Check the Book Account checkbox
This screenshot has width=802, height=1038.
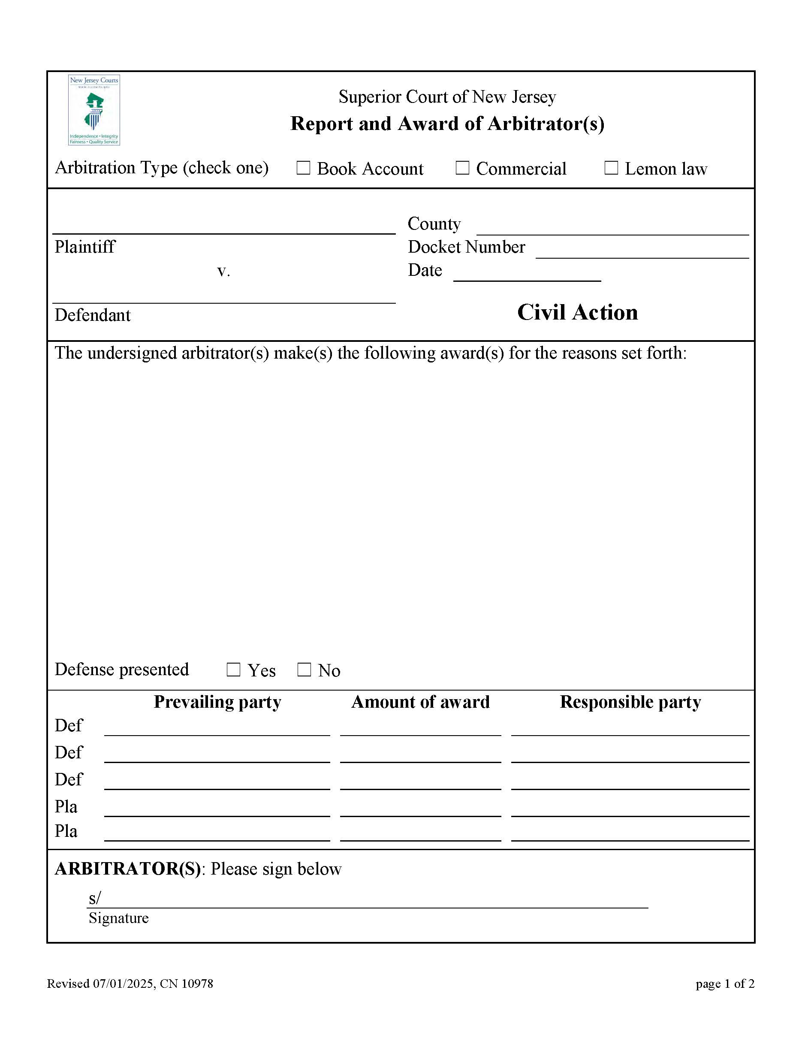click(x=303, y=168)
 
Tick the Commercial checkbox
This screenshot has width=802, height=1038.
click(x=462, y=168)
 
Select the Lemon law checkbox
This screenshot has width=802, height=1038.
click(x=611, y=168)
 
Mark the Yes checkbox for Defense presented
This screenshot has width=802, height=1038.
click(x=233, y=670)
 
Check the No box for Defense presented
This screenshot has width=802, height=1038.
click(x=304, y=670)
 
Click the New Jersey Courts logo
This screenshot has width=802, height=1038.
click(x=94, y=110)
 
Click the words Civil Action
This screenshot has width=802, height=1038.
click(x=577, y=313)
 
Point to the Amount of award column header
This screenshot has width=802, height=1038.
click(x=420, y=702)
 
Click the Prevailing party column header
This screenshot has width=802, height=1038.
click(x=217, y=702)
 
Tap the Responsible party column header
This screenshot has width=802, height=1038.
click(x=630, y=702)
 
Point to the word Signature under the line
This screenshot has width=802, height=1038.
click(x=119, y=918)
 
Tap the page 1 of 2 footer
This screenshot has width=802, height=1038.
click(x=724, y=984)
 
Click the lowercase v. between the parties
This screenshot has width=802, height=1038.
click(x=223, y=271)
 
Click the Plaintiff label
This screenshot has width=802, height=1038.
click(x=84, y=247)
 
